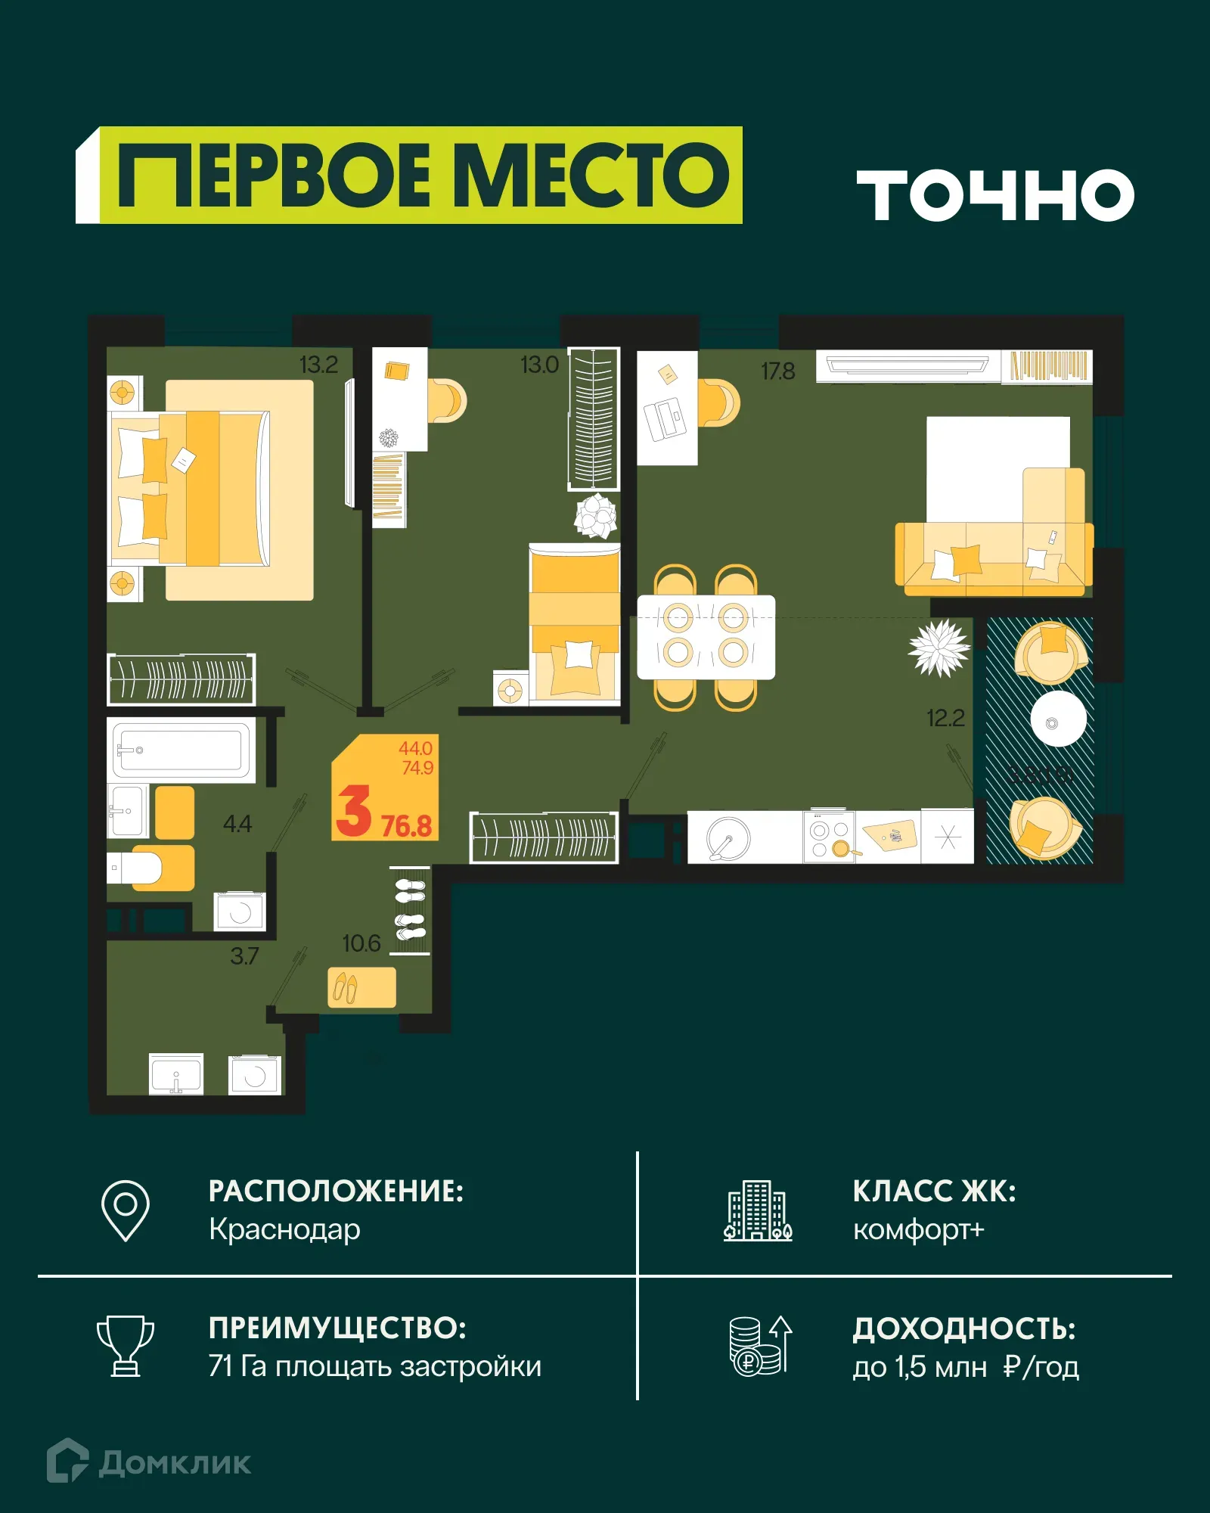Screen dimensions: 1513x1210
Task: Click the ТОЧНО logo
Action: click(994, 195)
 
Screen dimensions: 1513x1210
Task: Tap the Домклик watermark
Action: click(149, 1462)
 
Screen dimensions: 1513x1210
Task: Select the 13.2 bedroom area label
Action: click(318, 365)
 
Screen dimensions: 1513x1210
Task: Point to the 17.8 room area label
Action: click(777, 371)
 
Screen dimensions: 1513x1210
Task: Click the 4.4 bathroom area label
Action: click(237, 823)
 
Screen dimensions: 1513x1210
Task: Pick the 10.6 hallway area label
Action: click(361, 943)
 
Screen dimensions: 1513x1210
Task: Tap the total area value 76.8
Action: click(406, 826)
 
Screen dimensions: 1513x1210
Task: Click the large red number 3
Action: click(353, 811)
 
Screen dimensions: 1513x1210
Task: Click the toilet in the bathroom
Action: click(140, 868)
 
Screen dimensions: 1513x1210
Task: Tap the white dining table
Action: click(706, 637)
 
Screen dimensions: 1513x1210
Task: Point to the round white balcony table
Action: click(1058, 719)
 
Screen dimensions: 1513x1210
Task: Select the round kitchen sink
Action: click(728, 838)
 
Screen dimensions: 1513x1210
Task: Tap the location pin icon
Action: click(126, 1210)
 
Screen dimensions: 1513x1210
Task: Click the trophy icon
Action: click(126, 1346)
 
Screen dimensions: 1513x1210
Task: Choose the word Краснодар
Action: click(284, 1229)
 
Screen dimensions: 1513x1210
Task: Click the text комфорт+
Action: click(918, 1229)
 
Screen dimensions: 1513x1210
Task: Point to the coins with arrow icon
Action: click(760, 1346)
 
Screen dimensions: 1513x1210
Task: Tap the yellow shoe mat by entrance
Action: click(361, 987)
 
